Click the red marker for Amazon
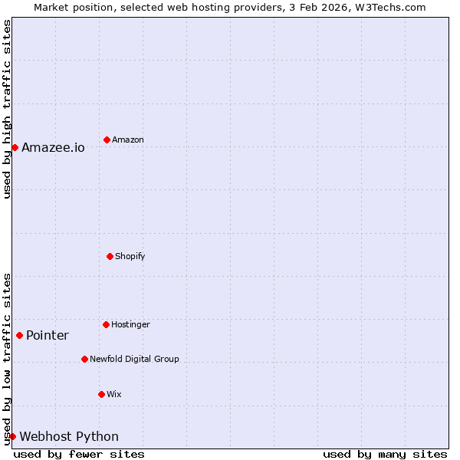point(107,140)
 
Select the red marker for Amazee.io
point(15,147)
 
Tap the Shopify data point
point(110,256)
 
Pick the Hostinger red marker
point(106,324)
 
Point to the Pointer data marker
point(19,335)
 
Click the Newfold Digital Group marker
point(84,359)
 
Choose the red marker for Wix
point(101,394)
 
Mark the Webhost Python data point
point(12,436)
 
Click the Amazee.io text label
point(53,147)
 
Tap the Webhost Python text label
point(69,437)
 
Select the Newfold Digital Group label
point(134,359)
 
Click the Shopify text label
point(130,256)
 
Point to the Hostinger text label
point(130,324)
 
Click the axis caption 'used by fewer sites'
point(79,454)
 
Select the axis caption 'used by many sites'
point(385,454)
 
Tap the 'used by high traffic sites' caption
point(7,109)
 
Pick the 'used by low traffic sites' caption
point(7,359)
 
